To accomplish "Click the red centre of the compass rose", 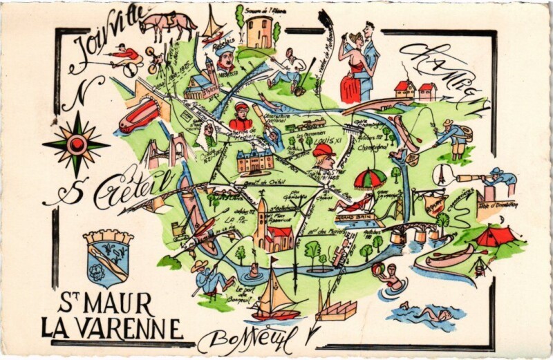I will tap(77, 144).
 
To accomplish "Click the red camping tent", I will tap(496, 236).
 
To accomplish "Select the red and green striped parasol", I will tap(370, 179).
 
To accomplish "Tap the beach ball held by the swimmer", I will tap(378, 269).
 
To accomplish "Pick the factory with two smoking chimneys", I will tap(335, 308).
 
